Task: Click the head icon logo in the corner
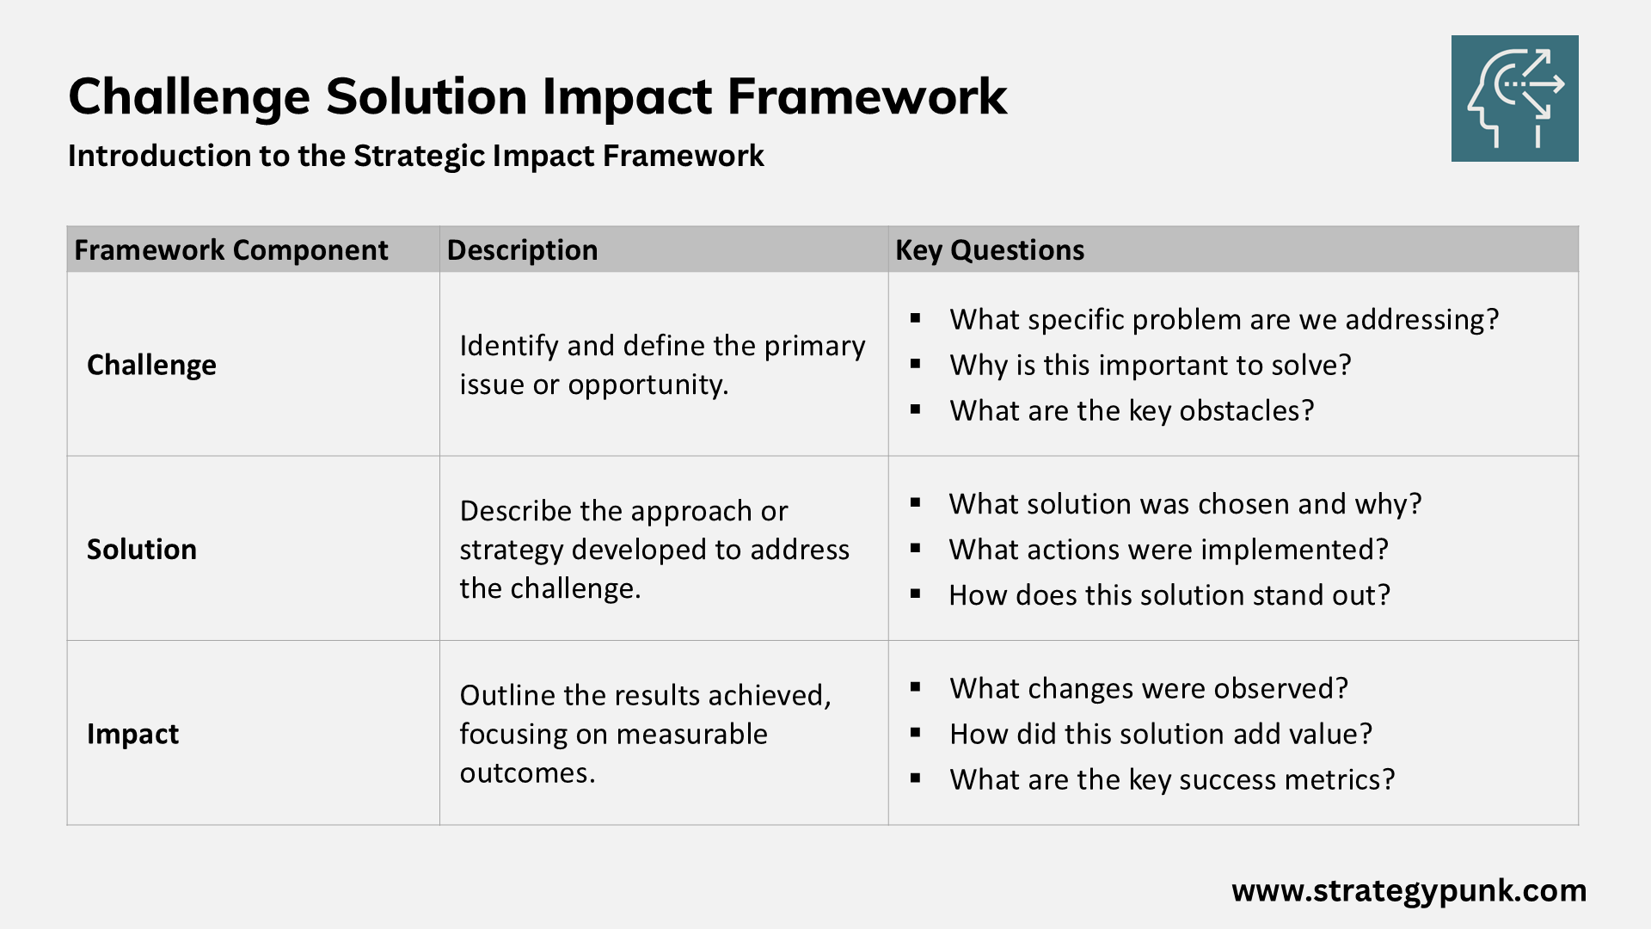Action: [x=1514, y=98]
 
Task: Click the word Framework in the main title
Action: [x=867, y=96]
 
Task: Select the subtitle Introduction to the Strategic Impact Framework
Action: [x=415, y=156]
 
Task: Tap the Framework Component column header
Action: [x=230, y=250]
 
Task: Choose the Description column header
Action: [x=522, y=250]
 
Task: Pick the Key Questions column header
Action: [x=989, y=250]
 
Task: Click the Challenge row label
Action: [x=151, y=365]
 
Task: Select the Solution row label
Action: [x=142, y=549]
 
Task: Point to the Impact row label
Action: [x=132, y=734]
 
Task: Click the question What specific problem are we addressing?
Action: [x=1224, y=319]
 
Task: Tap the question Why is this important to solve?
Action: [x=1150, y=365]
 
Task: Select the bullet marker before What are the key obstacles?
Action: [x=916, y=410]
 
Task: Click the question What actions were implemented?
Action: [x=1168, y=549]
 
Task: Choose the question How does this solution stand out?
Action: [x=1169, y=594]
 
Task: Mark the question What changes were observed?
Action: [x=1148, y=688]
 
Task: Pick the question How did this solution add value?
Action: [x=1160, y=734]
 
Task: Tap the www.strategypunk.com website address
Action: [x=1409, y=890]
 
